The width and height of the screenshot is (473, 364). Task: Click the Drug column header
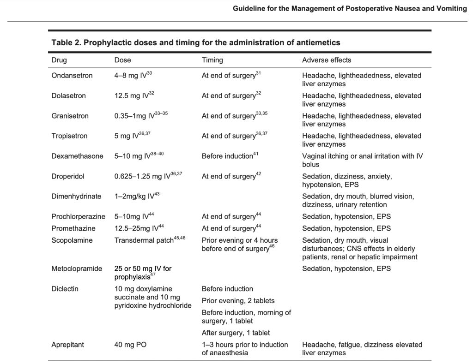[59, 60]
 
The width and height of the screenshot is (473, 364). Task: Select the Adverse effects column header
[327, 60]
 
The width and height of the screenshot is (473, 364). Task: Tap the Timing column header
[212, 60]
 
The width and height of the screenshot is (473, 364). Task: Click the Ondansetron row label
[72, 76]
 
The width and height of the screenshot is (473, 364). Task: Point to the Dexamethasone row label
[77, 156]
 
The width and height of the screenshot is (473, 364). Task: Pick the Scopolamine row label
[72, 240]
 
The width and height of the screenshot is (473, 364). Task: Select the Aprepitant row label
[67, 345]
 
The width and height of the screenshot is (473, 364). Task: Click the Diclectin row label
[65, 289]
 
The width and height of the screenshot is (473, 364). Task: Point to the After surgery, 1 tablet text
[236, 333]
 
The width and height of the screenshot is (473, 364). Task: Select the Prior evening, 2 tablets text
[238, 301]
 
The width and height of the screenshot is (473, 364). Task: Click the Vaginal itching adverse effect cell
[362, 160]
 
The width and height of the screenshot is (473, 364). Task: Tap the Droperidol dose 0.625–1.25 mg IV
[145, 176]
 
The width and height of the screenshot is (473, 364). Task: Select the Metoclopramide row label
[77, 269]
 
